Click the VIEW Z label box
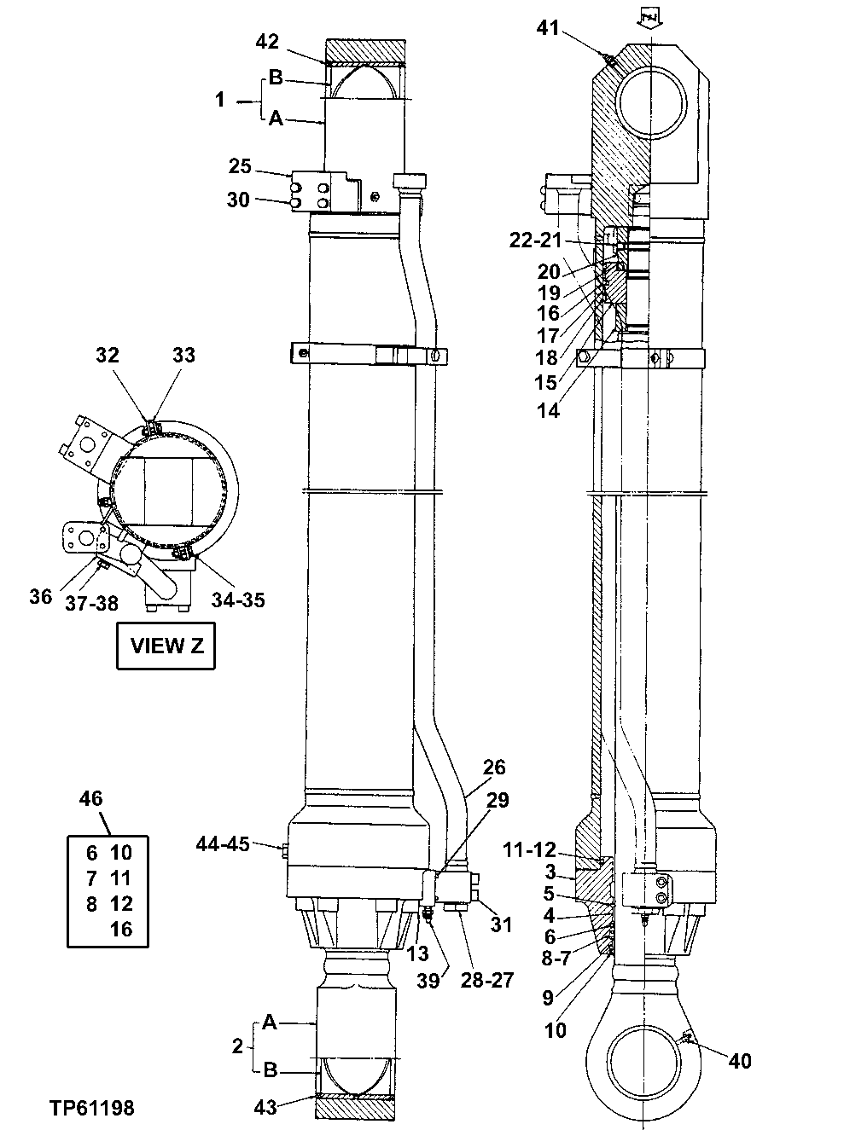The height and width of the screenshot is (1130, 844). pos(166,646)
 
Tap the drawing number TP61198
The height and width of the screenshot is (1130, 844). pos(91,1108)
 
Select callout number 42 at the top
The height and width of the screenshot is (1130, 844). pos(267,42)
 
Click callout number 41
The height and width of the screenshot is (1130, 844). pos(548,28)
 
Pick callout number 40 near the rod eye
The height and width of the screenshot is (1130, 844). pos(741,1060)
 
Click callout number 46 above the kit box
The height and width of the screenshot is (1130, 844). pos(90,799)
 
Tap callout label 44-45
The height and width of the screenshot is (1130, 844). pos(222,843)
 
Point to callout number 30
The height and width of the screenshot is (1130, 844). pos(238,200)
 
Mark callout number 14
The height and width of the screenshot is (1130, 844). pos(548,410)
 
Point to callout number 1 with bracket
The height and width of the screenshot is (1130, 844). pos(220,101)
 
